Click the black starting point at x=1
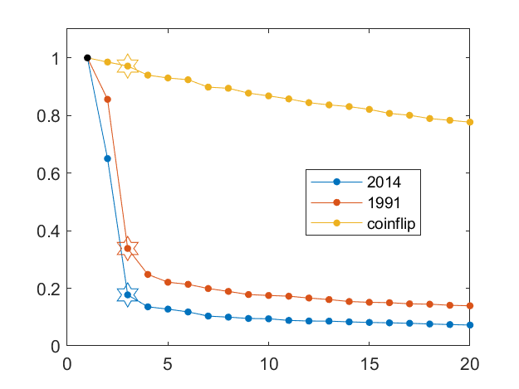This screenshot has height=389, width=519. [x=87, y=58]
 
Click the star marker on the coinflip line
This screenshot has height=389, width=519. [x=127, y=66]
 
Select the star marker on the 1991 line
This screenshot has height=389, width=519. [x=127, y=248]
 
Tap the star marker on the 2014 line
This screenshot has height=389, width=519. [x=127, y=294]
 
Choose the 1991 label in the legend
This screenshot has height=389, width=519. [x=381, y=202]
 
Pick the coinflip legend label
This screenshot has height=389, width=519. [x=389, y=222]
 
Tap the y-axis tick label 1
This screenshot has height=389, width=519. [x=54, y=59]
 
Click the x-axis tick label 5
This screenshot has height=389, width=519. [x=168, y=362]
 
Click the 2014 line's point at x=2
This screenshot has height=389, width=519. [x=107, y=158]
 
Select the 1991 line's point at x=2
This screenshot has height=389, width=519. [x=107, y=100]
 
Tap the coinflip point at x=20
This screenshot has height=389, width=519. [x=470, y=122]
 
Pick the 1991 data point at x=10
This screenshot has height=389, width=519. [x=268, y=295]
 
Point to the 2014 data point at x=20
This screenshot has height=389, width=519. [x=470, y=325]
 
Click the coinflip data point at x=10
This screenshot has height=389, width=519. [x=268, y=96]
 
